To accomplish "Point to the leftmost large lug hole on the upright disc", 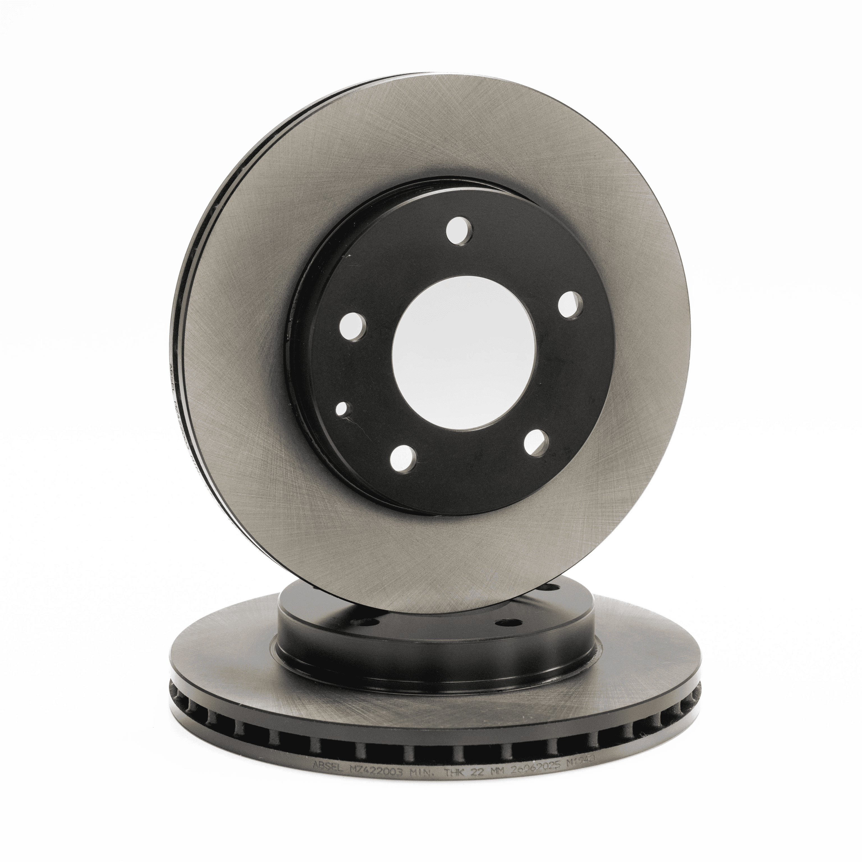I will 352,326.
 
